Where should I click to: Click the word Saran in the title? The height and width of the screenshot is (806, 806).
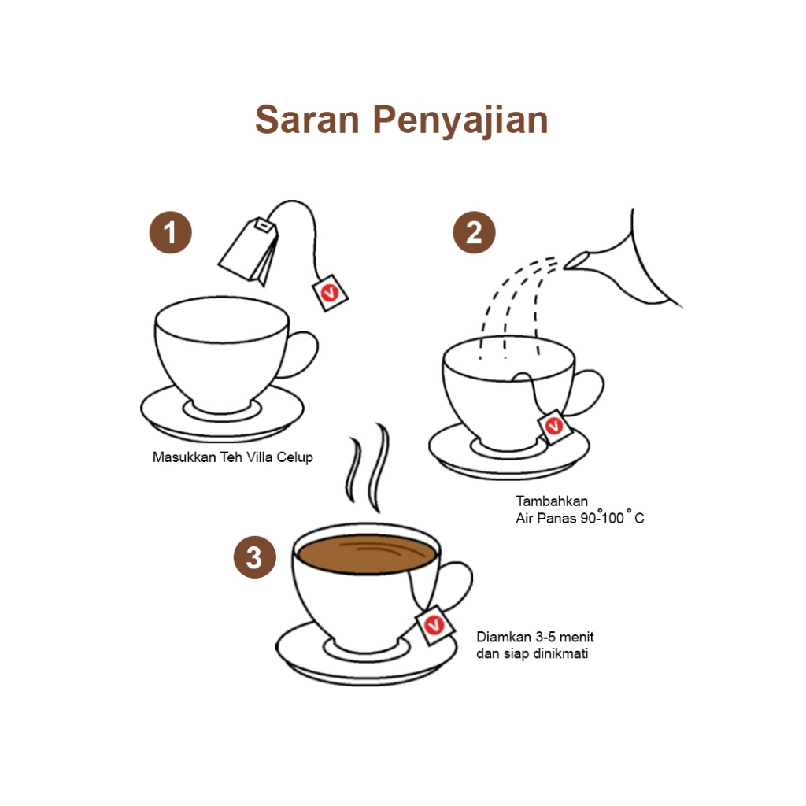click(308, 120)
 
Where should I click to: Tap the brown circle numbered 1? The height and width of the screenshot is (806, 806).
click(171, 232)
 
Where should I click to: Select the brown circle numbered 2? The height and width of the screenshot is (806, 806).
click(474, 232)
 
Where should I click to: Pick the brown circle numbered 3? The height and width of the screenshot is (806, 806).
click(255, 557)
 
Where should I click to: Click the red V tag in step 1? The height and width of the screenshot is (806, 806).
click(330, 293)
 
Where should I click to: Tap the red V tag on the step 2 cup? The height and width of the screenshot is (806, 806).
click(554, 426)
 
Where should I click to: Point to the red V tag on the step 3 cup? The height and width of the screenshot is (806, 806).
click(434, 625)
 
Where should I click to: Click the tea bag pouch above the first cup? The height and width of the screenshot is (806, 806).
click(250, 252)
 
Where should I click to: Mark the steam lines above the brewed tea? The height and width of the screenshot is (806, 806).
click(369, 468)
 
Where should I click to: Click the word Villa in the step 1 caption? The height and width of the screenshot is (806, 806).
click(259, 457)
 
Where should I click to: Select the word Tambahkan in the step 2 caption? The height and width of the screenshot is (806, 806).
click(552, 501)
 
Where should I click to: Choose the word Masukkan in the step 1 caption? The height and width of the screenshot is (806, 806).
click(184, 457)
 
